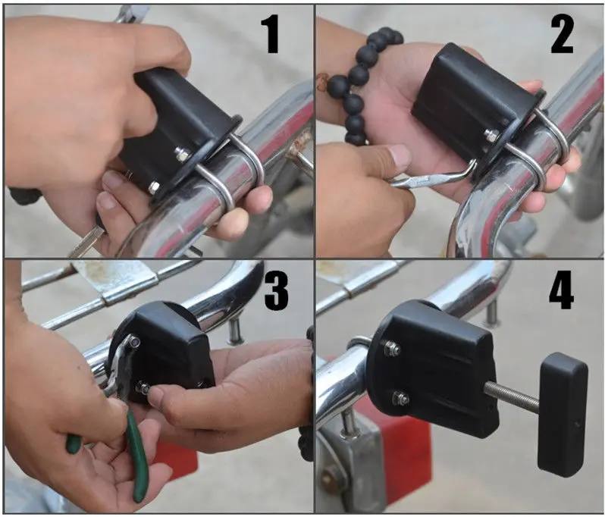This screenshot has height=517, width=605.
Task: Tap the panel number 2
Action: pos(562,34)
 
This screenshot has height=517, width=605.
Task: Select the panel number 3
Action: pos(276,291)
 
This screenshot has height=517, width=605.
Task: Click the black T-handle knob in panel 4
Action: pos(563,415)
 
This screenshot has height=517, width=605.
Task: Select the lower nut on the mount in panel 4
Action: pos(400,398)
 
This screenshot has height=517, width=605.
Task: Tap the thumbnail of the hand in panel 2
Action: pos(400,156)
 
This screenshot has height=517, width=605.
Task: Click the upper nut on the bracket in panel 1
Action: pos(181,154)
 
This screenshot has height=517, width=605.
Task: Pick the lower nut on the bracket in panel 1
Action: pos(155,188)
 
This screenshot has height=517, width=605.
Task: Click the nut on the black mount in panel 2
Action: pos(491,136)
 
